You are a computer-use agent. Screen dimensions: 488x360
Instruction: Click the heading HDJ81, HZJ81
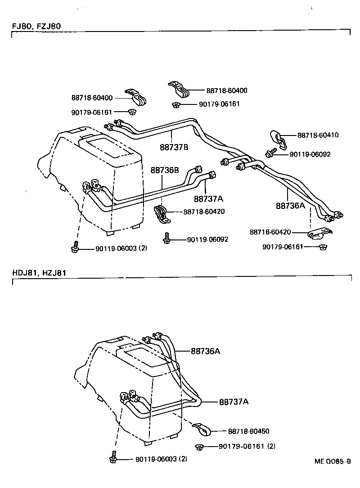click(39, 272)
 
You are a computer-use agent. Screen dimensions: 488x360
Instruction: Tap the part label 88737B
click(174, 146)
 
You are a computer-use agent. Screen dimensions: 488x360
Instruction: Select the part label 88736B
click(165, 170)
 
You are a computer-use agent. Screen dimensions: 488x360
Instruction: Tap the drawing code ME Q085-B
click(332, 461)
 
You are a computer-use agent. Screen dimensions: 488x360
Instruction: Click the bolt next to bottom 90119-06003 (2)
click(112, 457)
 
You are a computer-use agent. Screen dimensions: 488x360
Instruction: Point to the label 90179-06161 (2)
click(247, 446)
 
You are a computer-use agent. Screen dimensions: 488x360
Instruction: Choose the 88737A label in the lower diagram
click(234, 401)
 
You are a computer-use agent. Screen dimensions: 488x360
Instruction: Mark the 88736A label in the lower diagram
click(205, 351)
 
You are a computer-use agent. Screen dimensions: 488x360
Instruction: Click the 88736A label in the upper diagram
click(290, 206)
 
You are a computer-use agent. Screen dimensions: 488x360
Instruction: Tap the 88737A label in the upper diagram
click(209, 199)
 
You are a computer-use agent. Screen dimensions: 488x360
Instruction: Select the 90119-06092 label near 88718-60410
click(310, 154)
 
